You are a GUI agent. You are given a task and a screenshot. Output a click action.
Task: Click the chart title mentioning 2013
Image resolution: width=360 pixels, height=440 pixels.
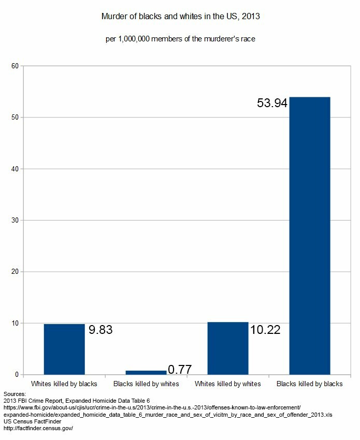[x=180, y=17]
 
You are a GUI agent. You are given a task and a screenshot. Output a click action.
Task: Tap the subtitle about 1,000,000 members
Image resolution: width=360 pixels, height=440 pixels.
[x=180, y=39]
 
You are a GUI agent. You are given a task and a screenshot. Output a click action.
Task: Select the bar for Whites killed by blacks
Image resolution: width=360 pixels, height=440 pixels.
[x=64, y=349]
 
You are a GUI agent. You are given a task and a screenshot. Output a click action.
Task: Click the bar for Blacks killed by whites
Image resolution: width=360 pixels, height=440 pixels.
[x=146, y=372]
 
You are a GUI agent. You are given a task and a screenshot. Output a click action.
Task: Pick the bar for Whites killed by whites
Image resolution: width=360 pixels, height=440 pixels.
[x=227, y=348]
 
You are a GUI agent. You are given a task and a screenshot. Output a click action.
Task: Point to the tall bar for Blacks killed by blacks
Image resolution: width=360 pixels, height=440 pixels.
[x=309, y=236]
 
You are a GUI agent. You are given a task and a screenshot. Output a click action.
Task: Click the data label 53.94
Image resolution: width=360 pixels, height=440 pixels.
[x=272, y=103]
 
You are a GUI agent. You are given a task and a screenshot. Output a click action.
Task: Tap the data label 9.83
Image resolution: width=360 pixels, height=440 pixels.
[x=100, y=330]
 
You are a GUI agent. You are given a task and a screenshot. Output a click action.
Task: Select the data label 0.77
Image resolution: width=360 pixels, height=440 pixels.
[x=180, y=370]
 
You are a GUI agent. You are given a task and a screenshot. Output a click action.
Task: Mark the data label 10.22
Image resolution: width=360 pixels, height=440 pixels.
[x=265, y=330]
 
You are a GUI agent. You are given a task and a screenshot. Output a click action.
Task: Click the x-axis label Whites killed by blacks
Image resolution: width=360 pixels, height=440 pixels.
[x=64, y=384]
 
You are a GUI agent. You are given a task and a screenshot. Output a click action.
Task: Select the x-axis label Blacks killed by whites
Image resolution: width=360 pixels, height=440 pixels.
[x=146, y=384]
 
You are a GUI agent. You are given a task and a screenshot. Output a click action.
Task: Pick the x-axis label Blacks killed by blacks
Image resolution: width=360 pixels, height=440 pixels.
[x=309, y=384]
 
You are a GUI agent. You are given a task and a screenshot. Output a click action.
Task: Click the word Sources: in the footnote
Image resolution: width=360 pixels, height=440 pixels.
[x=15, y=394]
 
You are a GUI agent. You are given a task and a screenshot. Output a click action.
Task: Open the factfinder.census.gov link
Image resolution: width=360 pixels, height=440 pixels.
[x=38, y=429]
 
